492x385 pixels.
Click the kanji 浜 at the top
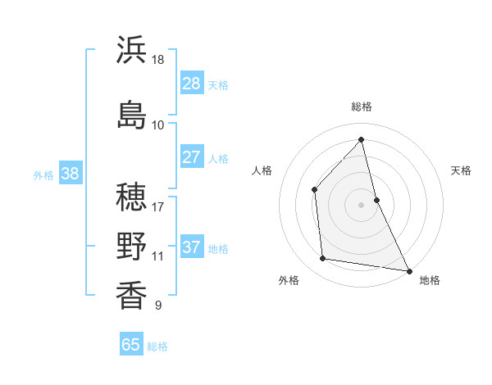coord(131,51)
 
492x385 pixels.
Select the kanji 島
coord(131,113)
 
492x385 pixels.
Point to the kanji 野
coord(131,246)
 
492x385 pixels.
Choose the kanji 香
coord(131,294)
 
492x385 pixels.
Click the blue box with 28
coord(192,83)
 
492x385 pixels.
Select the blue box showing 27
coord(192,157)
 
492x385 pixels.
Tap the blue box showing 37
coord(192,247)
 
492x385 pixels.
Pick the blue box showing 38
coord(70,174)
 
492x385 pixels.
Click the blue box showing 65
coord(131,345)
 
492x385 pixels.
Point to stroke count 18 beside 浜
coord(158,60)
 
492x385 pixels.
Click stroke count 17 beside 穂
coord(158,197)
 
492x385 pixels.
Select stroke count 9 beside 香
coord(157,306)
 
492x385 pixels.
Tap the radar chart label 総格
coord(362,106)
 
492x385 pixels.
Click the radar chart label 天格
coord(462,170)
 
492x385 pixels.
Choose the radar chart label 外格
coord(289,280)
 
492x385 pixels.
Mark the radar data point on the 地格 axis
coord(408,269)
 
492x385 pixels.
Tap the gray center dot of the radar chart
coord(362,205)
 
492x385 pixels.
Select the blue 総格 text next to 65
coord(157,346)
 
